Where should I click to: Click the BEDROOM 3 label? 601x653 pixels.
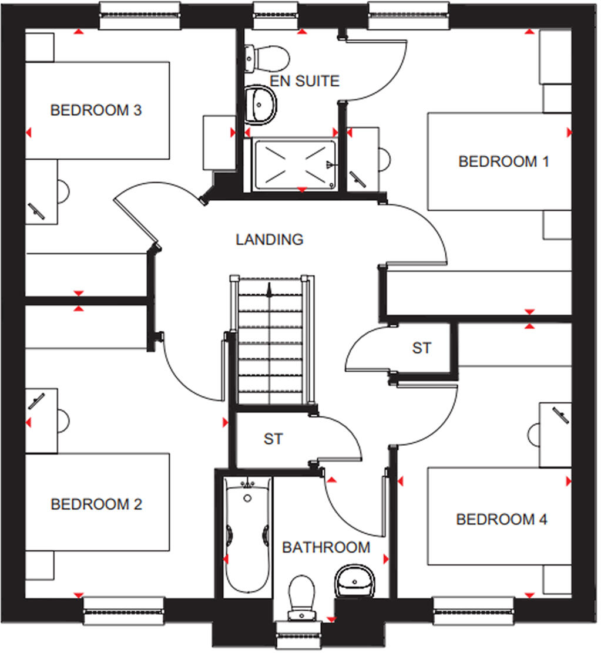point(96,110)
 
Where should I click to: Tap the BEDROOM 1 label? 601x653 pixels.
point(503,161)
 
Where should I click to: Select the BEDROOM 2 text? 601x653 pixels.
point(96,504)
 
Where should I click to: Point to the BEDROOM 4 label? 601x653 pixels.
point(502,519)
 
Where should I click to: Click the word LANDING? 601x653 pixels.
point(269,240)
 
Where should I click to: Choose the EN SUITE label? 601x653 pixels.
point(304,81)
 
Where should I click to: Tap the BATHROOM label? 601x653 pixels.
point(326,547)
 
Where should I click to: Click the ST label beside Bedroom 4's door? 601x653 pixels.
point(421,348)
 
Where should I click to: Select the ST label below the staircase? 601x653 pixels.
point(273,439)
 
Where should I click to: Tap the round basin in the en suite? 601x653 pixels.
point(260,104)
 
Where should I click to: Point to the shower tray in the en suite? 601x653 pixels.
point(294,164)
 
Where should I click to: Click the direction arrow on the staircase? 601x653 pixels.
point(269,290)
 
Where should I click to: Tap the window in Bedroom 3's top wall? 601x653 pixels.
point(139,15)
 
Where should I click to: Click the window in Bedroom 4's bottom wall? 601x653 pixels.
point(474,611)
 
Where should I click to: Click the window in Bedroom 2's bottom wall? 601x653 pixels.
point(123,611)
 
